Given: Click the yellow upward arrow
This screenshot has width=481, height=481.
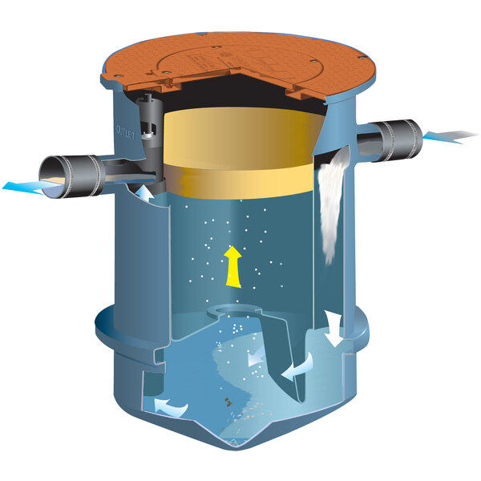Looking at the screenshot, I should [x=232, y=267].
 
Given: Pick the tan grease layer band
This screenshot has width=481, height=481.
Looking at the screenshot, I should [x=240, y=156].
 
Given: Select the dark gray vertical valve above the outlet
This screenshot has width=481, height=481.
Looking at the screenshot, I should [x=148, y=120].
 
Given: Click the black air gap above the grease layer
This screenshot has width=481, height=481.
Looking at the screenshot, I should [x=240, y=103].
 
